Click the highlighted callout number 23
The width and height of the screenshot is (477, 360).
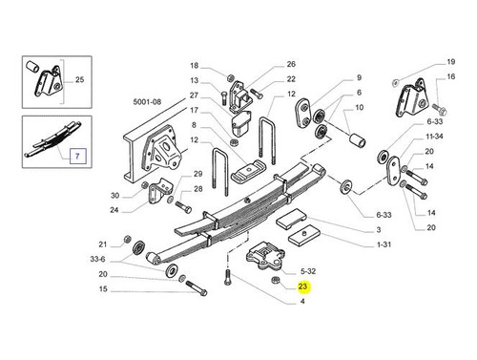[302, 286]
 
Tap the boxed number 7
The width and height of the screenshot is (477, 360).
[77, 156]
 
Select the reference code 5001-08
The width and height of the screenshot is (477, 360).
[147, 102]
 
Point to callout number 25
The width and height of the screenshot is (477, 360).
[79, 79]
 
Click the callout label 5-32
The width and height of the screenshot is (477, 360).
[308, 271]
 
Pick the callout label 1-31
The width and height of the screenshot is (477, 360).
[384, 244]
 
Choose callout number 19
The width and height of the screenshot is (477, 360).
[451, 62]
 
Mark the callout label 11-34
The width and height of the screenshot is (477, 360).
[434, 137]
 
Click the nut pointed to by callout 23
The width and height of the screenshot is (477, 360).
[275, 280]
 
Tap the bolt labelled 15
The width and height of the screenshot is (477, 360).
[197, 287]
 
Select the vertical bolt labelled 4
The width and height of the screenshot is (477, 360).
[227, 278]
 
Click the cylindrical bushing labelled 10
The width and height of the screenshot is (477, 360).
[358, 140]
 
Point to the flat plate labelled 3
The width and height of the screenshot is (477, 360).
[291, 219]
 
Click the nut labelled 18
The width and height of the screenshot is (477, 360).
[231, 77]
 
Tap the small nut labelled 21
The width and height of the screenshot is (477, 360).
[126, 239]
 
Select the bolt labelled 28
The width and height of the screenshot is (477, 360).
[183, 207]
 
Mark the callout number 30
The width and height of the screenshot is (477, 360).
[114, 195]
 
